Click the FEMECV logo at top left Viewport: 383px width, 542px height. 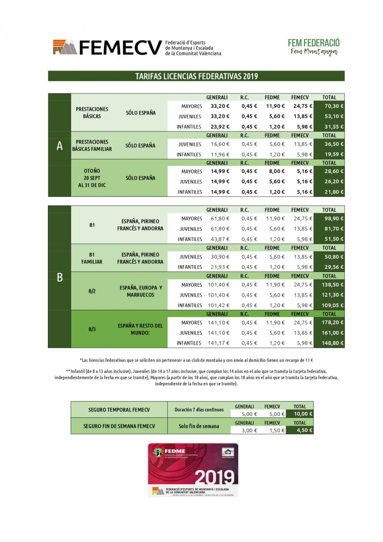107,47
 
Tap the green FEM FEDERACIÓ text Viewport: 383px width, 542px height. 314,43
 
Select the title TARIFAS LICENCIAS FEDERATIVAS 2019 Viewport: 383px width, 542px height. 196,76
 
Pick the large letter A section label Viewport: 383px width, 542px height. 60,146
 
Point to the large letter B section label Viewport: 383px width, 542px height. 60,277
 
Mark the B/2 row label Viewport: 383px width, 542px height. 92,291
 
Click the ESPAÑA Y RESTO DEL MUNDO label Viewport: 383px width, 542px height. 140,329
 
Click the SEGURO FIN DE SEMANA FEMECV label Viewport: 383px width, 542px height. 119,426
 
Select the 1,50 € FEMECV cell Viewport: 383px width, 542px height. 272,430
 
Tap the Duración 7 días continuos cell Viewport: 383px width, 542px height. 199,410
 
